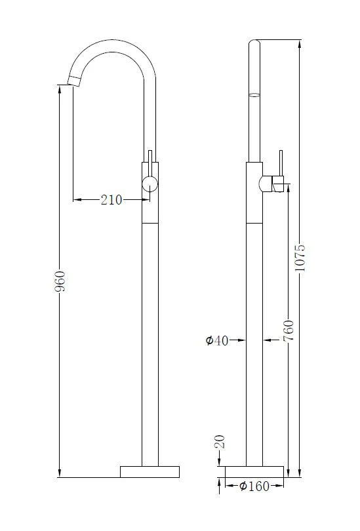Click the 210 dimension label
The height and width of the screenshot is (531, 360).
pos(111,200)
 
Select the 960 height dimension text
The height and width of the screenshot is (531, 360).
pos(60,281)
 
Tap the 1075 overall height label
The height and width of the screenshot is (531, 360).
pos(300,258)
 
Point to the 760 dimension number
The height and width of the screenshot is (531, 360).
pos(289,330)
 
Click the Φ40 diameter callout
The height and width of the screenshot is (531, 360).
pos(217,340)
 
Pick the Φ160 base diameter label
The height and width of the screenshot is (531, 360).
pos(254,486)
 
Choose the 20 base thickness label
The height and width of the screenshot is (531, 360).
pos(220,442)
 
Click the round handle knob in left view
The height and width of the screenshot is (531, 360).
pos(150,184)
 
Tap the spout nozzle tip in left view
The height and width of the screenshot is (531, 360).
pos(74,81)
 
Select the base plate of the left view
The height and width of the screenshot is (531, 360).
pos(150,472)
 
